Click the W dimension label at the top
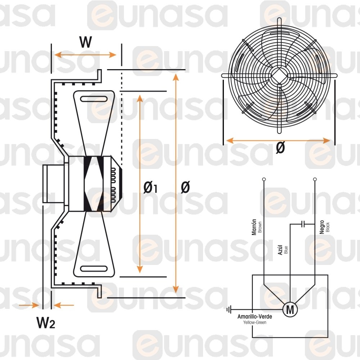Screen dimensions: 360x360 click(86, 42)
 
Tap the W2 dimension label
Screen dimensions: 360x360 click(46, 323)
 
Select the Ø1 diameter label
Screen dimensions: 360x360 click(150, 188)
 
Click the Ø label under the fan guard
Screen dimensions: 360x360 click(280, 147)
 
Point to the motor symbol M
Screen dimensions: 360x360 click(290, 310)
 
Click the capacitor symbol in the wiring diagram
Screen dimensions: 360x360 click(303, 224)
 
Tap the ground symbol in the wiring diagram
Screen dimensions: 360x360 click(229, 310)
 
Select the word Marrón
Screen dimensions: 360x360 click(254, 227)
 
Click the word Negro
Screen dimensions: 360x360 click(321, 227)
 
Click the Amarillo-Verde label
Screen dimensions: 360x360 click(255, 316)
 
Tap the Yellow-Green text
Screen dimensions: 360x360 click(255, 322)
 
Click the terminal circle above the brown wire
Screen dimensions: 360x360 click(264, 179)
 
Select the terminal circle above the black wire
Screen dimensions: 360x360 click(315, 179)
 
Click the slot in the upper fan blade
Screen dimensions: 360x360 click(94, 99)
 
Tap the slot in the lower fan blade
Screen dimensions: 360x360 click(94, 269)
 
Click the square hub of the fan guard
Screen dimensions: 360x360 click(279, 75)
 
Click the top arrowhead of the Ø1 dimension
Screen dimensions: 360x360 click(140, 98)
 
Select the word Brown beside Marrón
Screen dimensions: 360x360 click(260, 227)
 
